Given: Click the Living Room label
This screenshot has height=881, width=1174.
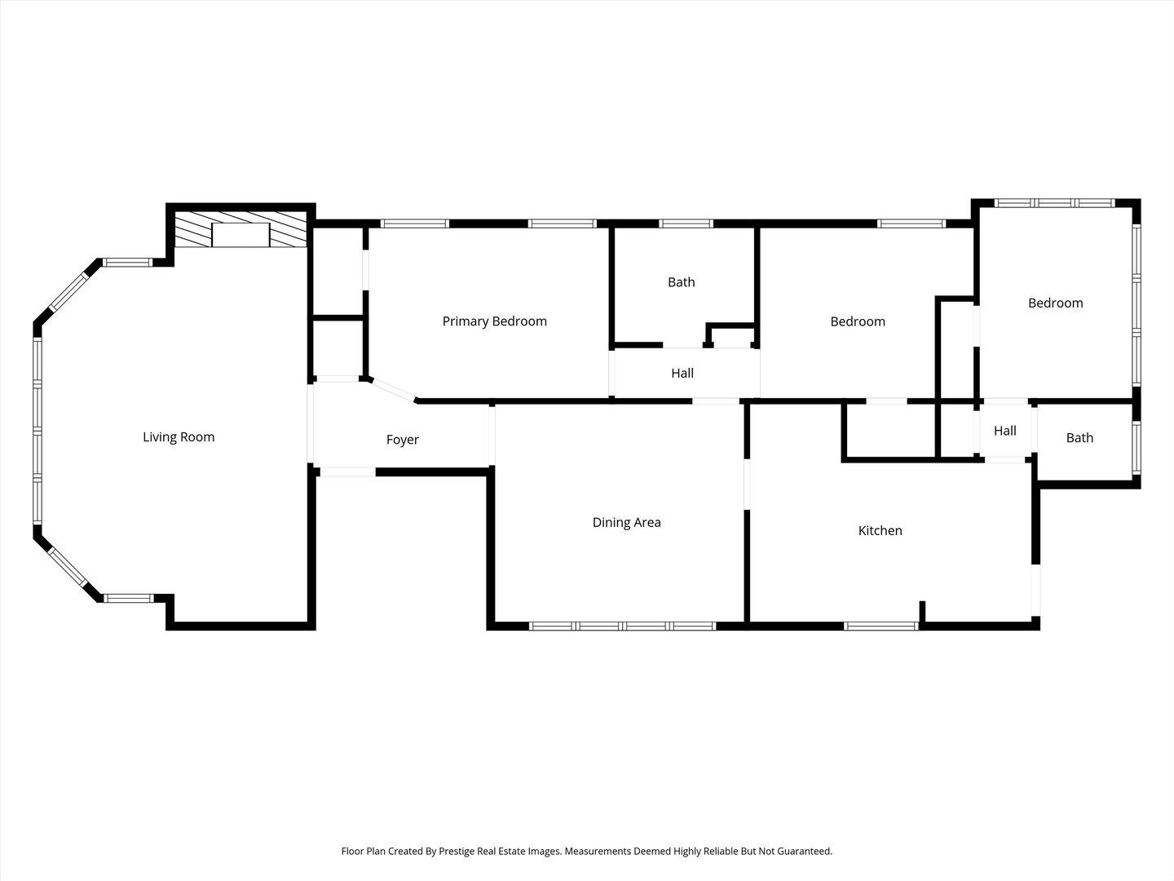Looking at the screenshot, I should pyautogui.click(x=179, y=437).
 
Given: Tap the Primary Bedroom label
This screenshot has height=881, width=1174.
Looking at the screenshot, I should pyautogui.click(x=494, y=321).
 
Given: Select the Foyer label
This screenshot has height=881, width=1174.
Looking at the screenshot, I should pyautogui.click(x=402, y=440).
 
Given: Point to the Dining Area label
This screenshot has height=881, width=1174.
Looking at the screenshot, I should pyautogui.click(x=626, y=522).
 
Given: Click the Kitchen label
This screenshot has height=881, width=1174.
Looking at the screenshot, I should pyautogui.click(x=880, y=530).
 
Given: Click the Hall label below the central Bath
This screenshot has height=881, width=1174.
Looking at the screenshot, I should pyautogui.click(x=682, y=373).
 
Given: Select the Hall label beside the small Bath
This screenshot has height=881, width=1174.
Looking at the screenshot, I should pyautogui.click(x=1004, y=431).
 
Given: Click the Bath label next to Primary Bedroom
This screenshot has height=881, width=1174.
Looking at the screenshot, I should pyautogui.click(x=681, y=282).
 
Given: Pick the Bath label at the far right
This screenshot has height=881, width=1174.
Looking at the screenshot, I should pyautogui.click(x=1079, y=438).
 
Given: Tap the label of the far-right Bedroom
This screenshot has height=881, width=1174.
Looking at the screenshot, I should pyautogui.click(x=1055, y=303).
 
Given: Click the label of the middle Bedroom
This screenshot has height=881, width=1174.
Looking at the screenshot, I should pyautogui.click(x=857, y=321).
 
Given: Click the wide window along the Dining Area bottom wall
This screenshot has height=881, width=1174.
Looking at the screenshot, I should pyautogui.click(x=622, y=626).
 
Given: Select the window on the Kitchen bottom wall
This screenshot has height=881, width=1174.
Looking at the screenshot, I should pyautogui.click(x=880, y=626).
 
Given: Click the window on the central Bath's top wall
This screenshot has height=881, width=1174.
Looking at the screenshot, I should pyautogui.click(x=686, y=224).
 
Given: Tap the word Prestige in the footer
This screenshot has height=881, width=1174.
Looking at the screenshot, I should pyautogui.click(x=461, y=851).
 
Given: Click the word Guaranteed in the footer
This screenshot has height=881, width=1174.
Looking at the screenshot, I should pyautogui.click(x=803, y=851).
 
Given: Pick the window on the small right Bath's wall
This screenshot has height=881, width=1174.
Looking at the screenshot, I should pyautogui.click(x=1136, y=449).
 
